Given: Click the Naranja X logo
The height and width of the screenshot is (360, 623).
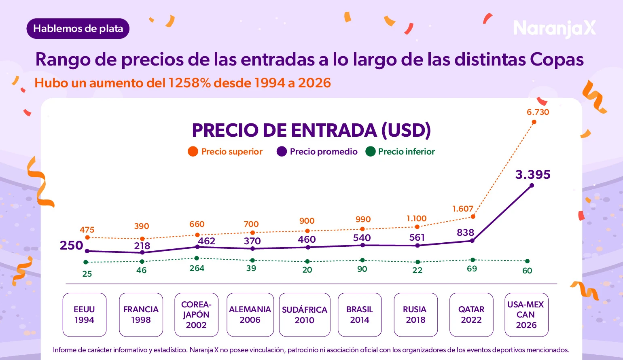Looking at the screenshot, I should [554, 29].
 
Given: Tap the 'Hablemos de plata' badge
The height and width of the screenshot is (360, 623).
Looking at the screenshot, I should [78, 29].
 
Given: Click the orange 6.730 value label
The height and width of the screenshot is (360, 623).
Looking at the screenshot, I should [538, 112].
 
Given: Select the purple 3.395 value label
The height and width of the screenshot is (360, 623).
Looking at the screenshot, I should [533, 175].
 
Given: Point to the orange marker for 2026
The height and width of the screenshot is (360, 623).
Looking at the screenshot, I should [534, 122].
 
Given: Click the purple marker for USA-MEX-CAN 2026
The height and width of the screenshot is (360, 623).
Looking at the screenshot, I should [532, 186].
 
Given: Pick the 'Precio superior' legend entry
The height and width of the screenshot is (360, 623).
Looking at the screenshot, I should [225, 152].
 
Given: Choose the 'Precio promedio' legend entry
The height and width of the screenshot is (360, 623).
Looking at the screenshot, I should [317, 152].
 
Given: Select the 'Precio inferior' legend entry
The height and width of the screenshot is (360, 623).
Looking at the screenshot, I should [400, 152].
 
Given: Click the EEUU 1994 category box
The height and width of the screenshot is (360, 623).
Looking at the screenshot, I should [84, 315].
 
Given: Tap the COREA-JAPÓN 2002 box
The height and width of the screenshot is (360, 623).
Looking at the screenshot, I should [196, 315].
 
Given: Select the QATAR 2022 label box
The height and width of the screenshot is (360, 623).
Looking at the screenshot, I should [471, 315].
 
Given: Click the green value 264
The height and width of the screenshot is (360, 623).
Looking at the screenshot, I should [197, 268].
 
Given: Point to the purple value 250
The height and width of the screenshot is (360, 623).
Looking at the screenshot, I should [72, 246].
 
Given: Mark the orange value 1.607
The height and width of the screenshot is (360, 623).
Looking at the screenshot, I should [462, 209].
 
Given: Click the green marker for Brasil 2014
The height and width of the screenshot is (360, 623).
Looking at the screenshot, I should [362, 260].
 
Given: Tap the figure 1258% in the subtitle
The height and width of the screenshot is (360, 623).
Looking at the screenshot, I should [189, 83].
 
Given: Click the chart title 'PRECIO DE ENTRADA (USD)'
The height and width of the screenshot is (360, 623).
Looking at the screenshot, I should [311, 130].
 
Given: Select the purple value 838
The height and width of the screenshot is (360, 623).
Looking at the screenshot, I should [465, 233].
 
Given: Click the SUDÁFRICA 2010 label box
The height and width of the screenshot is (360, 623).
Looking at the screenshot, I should [305, 315].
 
